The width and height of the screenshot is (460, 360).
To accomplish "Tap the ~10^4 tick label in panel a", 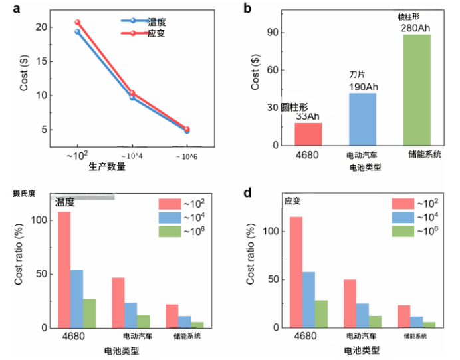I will [x=132, y=156].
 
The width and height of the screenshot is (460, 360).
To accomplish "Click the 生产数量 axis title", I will [x=107, y=167].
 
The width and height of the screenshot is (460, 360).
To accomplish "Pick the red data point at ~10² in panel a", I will [x=77, y=23].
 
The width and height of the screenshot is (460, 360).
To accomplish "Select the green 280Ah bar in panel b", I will [x=417, y=90].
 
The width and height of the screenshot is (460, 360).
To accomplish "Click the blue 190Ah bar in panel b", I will [x=362, y=120].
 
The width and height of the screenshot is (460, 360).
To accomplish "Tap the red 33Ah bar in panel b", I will [x=308, y=134].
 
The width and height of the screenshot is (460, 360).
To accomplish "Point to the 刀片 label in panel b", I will [x=358, y=74].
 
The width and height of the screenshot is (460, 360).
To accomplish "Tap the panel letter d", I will [x=247, y=193].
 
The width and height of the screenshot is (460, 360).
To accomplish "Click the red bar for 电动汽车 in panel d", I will [x=350, y=303].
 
